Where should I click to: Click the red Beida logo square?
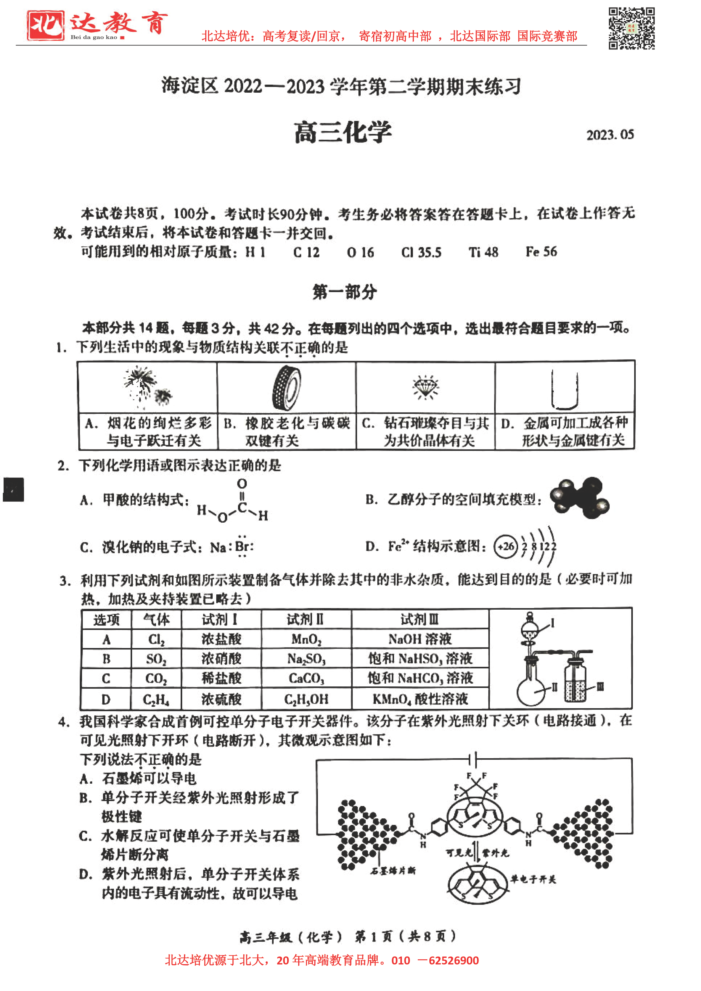[x=45, y=25]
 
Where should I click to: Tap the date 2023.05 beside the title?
[x=609, y=135]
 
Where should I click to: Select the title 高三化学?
[x=343, y=132]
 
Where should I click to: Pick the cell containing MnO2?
[x=306, y=639]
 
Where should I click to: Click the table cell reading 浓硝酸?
[x=221, y=659]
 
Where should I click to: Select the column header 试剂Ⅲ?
[x=420, y=619]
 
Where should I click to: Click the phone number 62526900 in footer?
[x=453, y=960]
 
